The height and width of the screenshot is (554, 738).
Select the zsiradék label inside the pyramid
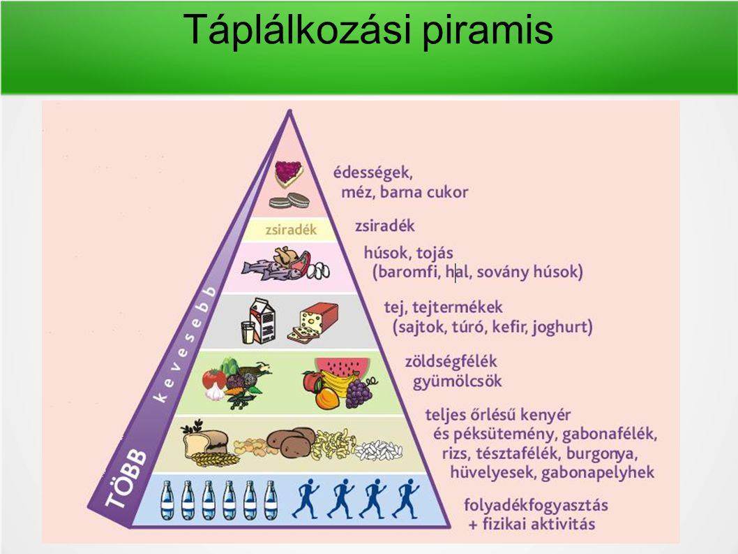[291, 230]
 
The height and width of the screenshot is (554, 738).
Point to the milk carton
[263, 320]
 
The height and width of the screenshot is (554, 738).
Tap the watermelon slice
[342, 367]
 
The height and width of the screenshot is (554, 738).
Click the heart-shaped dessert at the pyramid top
[288, 173]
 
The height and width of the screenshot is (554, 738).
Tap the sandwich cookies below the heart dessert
[289, 201]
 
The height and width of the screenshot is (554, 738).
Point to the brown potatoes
[292, 442]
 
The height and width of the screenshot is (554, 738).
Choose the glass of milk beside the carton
[248, 332]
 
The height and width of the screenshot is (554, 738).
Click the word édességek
[372, 173]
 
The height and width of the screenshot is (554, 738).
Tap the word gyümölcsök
[458, 381]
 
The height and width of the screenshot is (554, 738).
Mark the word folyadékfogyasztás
[536, 505]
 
